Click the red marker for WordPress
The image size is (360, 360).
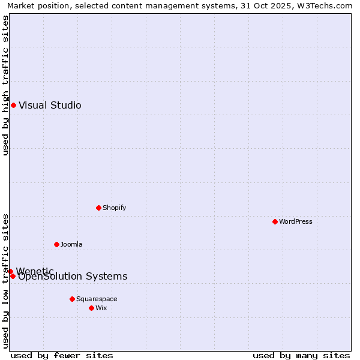[275, 221]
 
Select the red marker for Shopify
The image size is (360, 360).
[98, 208]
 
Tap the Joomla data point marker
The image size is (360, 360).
[56, 244]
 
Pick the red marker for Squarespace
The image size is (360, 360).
[72, 299]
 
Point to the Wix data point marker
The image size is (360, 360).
[91, 308]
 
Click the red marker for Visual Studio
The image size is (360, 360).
[13, 106]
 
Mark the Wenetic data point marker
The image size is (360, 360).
[10, 271]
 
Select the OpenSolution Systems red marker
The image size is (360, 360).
[13, 276]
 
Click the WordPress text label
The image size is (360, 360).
[296, 222]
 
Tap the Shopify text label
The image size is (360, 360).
[114, 208]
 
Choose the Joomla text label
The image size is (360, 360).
[71, 245]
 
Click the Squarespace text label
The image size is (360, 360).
[97, 299]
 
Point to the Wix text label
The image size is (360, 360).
[101, 308]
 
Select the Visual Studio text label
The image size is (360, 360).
[50, 106]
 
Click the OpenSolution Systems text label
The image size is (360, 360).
[73, 277]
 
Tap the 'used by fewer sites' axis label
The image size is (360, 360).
[62, 356]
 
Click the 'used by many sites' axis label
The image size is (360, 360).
[301, 356]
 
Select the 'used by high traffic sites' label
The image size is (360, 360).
[5, 85]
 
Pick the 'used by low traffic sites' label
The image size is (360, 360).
[5, 281]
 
